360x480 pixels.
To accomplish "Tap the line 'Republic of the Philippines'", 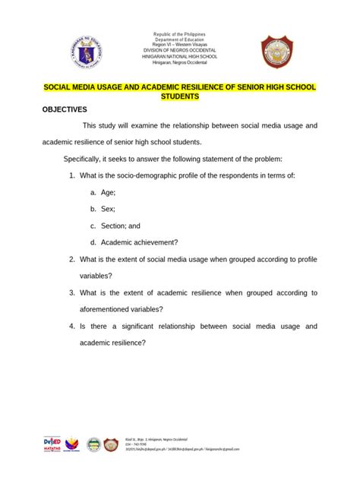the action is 180,35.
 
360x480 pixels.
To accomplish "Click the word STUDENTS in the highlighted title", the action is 179,98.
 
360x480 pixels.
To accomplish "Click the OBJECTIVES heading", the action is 65,109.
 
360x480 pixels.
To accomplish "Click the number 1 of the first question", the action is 71,175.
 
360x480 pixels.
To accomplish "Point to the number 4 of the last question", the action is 71,326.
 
